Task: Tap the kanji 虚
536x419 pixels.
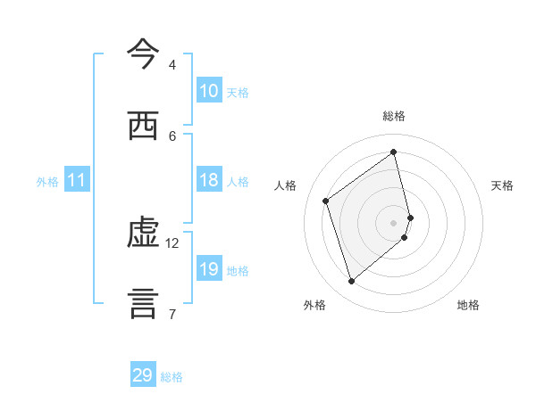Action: point(144,234)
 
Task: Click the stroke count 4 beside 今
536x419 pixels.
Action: point(172,65)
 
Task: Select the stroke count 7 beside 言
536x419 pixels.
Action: point(172,314)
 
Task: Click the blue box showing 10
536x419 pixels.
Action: point(209,91)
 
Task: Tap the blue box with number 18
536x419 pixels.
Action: point(209,180)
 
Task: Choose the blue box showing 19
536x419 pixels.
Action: point(209,269)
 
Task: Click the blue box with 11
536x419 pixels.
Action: point(77,180)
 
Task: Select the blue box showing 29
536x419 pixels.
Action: point(143,375)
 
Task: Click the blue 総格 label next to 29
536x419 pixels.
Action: point(172,377)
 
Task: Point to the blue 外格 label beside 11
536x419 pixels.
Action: point(47,182)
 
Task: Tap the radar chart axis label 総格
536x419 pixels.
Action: point(394,116)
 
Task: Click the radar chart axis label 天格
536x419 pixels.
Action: point(503,185)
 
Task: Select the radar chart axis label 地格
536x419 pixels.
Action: point(468,305)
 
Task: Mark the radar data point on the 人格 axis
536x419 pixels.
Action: point(326,201)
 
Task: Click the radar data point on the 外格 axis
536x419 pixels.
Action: point(351,282)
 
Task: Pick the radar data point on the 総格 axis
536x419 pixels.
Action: point(394,152)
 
